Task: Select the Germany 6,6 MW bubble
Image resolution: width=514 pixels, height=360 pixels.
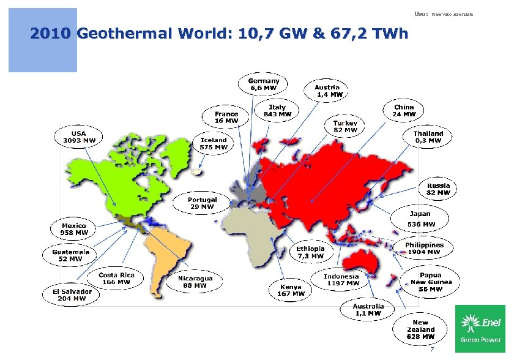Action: (263, 84)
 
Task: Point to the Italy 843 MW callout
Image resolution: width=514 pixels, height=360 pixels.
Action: (277, 110)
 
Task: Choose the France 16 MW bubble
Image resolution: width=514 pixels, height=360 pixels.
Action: (226, 117)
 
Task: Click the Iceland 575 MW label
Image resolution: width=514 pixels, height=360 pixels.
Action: (214, 143)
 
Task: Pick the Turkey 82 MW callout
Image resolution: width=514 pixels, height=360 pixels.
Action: (345, 126)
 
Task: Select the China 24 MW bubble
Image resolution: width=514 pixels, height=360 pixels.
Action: (404, 110)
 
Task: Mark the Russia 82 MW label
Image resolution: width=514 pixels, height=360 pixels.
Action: (438, 189)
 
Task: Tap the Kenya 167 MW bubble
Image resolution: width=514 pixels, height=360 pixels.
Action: (291, 290)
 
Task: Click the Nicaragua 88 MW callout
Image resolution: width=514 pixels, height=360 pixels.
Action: (195, 282)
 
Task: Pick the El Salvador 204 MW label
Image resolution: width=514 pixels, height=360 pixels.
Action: (71, 295)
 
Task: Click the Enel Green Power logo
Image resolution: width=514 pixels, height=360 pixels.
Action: (480, 328)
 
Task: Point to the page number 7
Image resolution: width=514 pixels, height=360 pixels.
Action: (432, 350)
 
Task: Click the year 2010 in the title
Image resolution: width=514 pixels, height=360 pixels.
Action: (51, 34)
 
